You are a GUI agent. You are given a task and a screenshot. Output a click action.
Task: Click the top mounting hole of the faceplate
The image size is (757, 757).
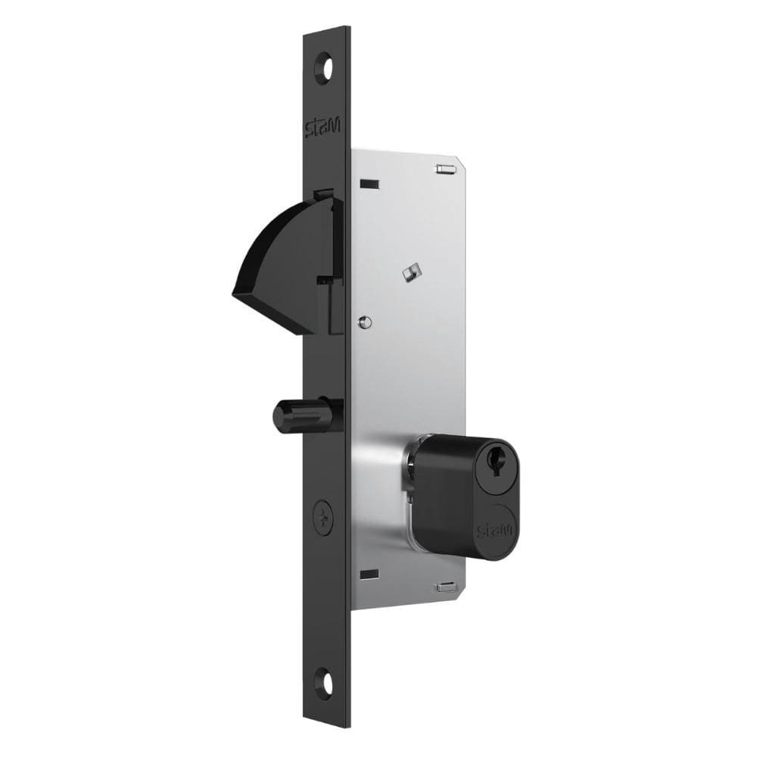328,66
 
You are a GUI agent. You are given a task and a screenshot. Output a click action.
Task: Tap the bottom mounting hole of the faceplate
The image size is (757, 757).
328,679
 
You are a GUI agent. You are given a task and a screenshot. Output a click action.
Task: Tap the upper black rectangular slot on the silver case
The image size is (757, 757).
369,183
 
